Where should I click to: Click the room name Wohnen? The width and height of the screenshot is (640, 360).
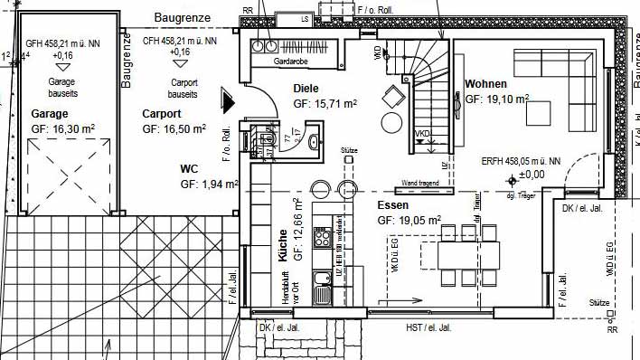point(486,84)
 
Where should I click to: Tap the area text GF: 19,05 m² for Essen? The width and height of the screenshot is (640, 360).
point(409,220)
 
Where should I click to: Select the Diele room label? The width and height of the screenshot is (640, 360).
point(307,89)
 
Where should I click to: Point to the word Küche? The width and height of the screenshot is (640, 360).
point(283,245)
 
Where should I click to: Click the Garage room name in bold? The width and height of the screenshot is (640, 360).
point(50,115)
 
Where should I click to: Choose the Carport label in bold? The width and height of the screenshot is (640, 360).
point(162,115)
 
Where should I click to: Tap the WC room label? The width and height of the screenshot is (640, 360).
point(189,168)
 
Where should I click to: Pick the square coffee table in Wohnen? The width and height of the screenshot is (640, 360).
point(540,113)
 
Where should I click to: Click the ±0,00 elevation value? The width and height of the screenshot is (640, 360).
point(532,174)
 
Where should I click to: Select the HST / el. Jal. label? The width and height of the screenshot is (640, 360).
point(428,327)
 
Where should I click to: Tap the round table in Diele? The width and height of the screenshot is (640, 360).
point(391,122)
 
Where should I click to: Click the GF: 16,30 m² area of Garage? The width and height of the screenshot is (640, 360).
point(63,129)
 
